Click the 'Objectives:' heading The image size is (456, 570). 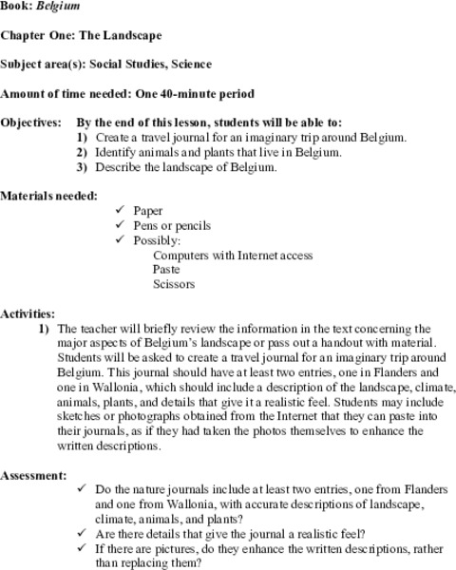click(30, 123)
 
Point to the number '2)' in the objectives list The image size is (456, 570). click(83, 152)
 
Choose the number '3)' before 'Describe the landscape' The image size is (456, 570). click(83, 167)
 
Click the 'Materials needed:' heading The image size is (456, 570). click(48, 196)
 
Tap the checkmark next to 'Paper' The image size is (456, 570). click(120, 211)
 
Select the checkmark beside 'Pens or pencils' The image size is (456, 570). click(120, 226)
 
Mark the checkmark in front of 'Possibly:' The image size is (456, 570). click(120, 241)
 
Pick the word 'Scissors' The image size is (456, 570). click(174, 284)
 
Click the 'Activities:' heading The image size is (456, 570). click(28, 313)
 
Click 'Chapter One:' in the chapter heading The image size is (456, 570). click(40, 35)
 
